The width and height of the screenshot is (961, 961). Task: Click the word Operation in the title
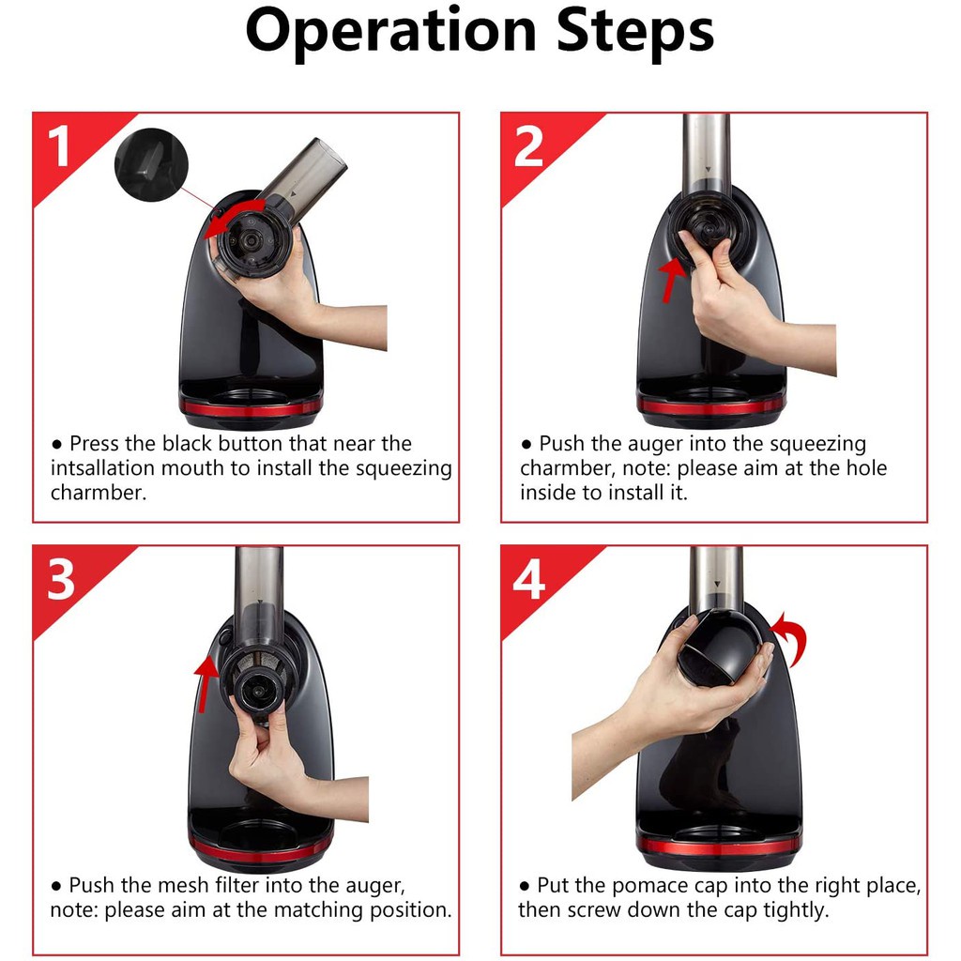[390, 32]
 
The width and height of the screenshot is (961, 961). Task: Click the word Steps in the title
[635, 31]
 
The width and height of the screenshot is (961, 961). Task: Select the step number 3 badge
[61, 579]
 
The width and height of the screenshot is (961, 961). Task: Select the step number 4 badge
[529, 579]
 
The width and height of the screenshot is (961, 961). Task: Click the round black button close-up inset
[151, 164]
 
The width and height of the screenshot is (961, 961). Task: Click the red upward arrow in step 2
[673, 280]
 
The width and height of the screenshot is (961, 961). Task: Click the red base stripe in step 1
[251, 407]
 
